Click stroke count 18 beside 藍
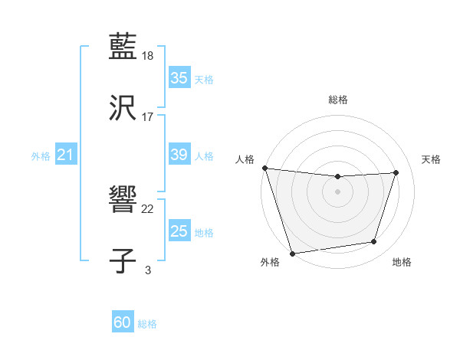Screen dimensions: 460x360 (x=149, y=56)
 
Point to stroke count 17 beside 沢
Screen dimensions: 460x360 (x=148, y=117)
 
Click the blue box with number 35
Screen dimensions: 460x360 (x=179, y=78)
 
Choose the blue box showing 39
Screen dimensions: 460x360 (x=179, y=155)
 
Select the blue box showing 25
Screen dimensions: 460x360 (x=179, y=231)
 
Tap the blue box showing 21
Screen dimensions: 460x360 (x=65, y=155)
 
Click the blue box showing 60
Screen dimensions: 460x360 (x=123, y=323)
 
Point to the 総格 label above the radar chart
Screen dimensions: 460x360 (x=338, y=100)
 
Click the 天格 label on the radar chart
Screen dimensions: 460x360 (x=432, y=159)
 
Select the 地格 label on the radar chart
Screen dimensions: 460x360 (x=402, y=263)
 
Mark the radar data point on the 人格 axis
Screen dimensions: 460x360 (x=264, y=168)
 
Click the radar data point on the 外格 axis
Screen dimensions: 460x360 (x=292, y=253)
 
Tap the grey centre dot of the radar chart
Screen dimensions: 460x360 (x=337, y=191)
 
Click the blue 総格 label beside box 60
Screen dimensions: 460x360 (x=148, y=324)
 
